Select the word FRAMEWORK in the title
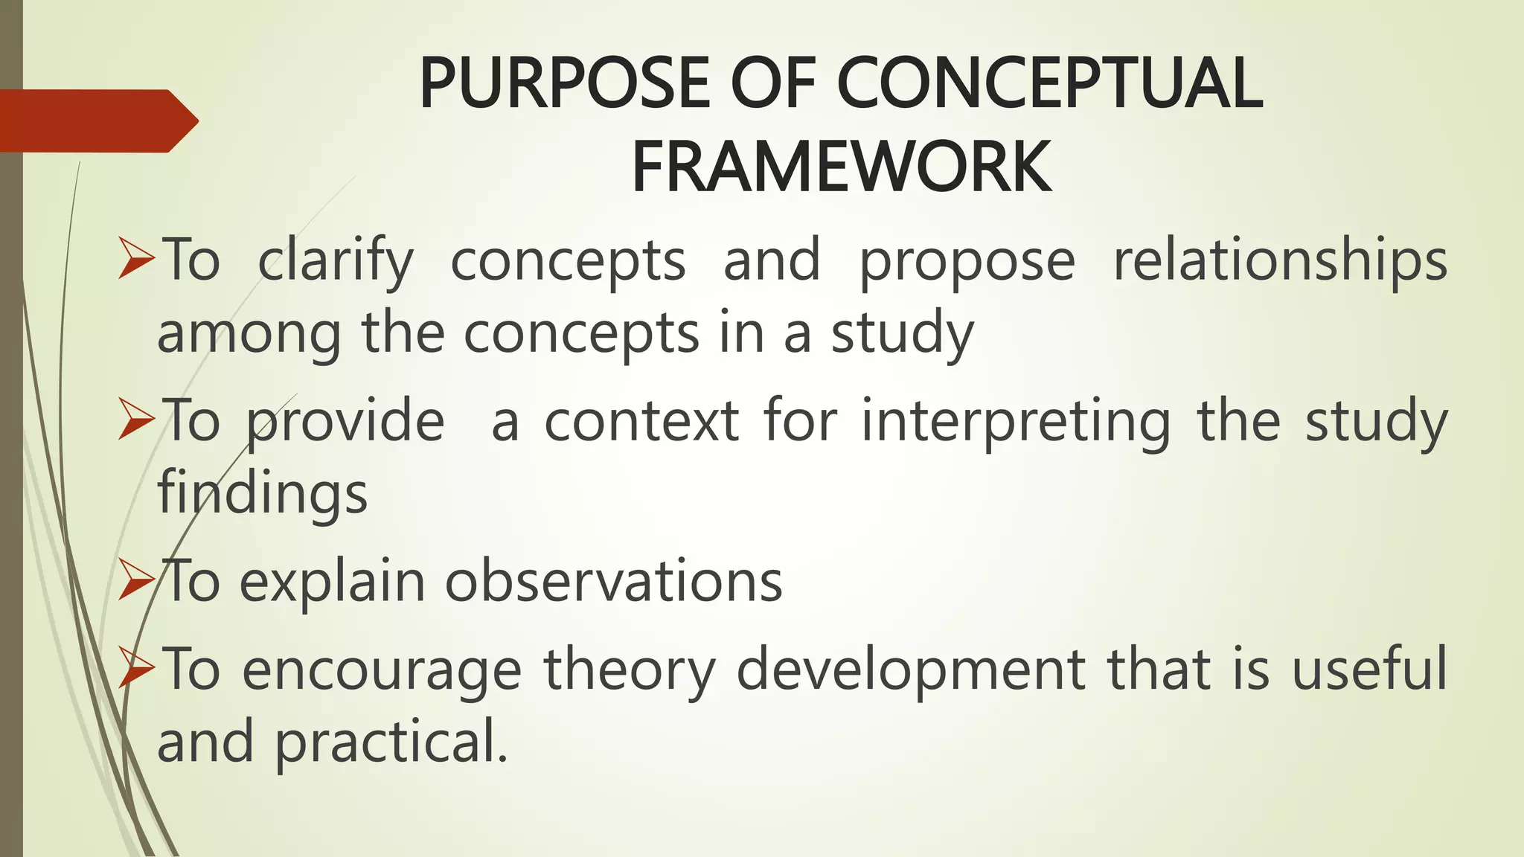(x=841, y=167)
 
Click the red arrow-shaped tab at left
(x=97, y=121)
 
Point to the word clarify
(x=335, y=262)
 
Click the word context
(x=641, y=421)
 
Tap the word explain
(x=332, y=583)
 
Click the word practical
(x=391, y=742)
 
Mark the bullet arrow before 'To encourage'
(x=136, y=670)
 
